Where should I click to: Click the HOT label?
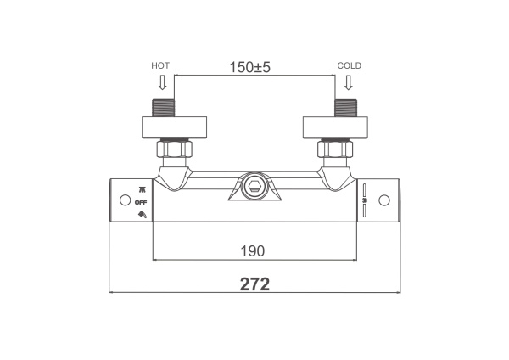[160, 65]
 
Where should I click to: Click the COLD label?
[350, 65]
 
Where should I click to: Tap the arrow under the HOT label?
[162, 82]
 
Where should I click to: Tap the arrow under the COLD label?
[349, 82]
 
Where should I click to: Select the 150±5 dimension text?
[249, 67]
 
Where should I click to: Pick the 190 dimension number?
[253, 250]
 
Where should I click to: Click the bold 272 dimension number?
[255, 284]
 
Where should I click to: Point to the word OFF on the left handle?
[141, 202]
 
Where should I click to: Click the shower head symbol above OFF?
[143, 189]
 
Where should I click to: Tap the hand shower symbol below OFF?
[143, 214]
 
